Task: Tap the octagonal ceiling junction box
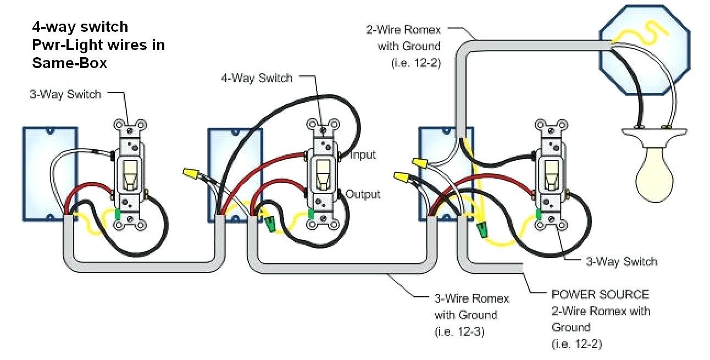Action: coord(645,50)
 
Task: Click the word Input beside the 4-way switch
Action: coord(363,155)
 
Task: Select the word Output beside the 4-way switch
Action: coord(363,194)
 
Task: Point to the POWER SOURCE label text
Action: coord(600,295)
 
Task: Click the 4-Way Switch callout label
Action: coord(257,78)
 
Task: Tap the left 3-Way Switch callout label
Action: coord(65,94)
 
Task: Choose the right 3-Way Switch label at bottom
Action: coord(622,262)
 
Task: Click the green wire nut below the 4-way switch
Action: coord(270,224)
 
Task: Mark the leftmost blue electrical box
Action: coord(50,174)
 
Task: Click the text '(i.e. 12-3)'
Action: coord(459,332)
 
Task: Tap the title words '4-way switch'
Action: coord(80,26)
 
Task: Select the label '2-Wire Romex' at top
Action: coord(403,30)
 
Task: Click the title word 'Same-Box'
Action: coord(70,63)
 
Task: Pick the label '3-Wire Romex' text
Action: coord(472,298)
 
